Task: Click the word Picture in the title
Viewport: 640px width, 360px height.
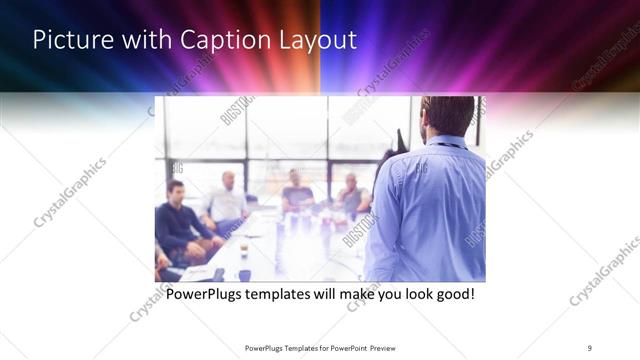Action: (x=66, y=41)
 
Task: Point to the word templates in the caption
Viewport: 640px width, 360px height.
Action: (x=291, y=296)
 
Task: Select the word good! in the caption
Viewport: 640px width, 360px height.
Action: (x=451, y=296)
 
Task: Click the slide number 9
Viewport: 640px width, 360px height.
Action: (x=590, y=347)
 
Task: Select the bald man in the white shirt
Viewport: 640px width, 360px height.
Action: (x=227, y=200)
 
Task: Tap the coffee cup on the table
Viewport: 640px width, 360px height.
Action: (x=243, y=249)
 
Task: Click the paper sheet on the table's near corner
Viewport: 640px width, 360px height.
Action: (x=198, y=271)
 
